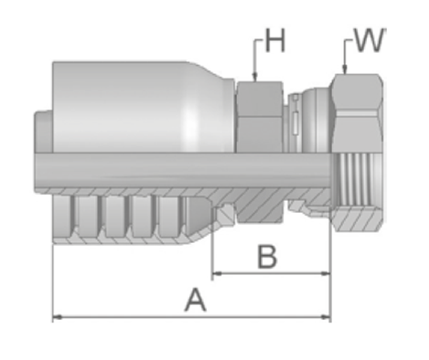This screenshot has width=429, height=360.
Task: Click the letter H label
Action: (275, 40)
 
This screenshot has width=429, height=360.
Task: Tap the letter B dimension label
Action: (267, 257)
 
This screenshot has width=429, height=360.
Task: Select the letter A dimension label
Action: (196, 301)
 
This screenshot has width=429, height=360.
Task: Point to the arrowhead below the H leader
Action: (255, 77)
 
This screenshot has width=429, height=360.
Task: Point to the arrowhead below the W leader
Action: (345, 69)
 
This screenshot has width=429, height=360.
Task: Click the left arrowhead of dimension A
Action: (58, 317)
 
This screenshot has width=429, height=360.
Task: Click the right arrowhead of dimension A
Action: (326, 317)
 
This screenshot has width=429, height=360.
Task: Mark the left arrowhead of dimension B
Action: (217, 273)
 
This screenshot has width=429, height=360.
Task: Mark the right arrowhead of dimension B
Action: (326, 273)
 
